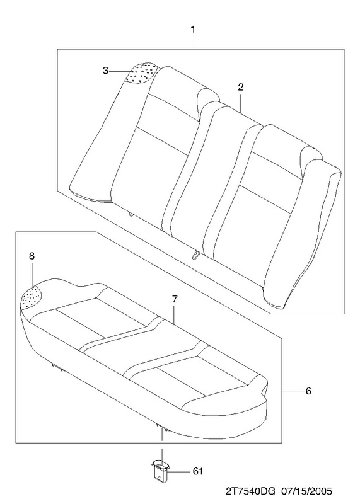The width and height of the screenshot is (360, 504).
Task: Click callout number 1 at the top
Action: [x=193, y=30]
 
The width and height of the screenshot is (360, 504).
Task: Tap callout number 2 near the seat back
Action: [x=241, y=87]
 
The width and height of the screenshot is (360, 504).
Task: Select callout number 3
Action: [x=105, y=71]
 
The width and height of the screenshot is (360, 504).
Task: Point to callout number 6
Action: [x=308, y=391]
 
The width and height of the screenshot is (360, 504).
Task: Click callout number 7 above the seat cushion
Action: [x=175, y=299]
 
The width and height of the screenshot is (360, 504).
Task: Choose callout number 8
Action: [x=32, y=256]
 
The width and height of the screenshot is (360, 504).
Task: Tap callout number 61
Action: [x=198, y=471]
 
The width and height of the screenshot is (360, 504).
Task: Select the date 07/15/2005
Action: [x=306, y=491]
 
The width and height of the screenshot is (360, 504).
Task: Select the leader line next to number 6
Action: [x=293, y=391]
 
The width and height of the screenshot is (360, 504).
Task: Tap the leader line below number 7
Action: [x=174, y=314]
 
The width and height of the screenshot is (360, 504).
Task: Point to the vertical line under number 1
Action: [x=194, y=42]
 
